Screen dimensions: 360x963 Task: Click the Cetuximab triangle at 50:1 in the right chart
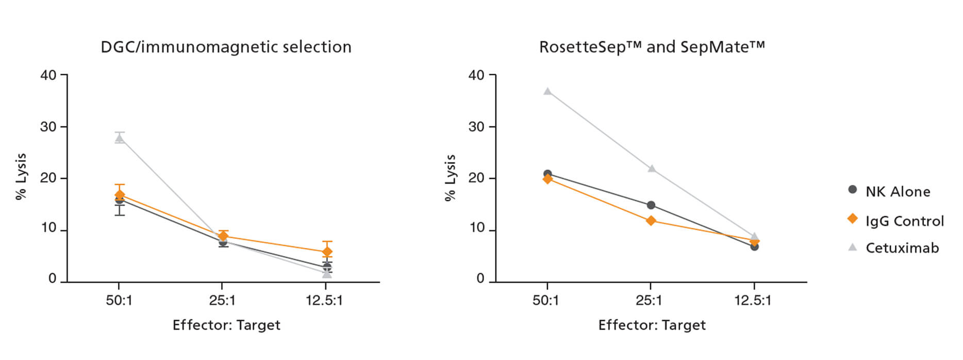pos(547,92)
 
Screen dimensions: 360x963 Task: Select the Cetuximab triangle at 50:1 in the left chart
pos(120,138)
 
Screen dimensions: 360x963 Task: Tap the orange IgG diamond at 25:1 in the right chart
pos(651,221)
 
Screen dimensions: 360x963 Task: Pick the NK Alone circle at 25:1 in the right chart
pos(651,205)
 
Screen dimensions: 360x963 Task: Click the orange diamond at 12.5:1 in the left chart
pos(327,252)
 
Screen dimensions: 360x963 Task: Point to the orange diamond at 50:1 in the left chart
pos(120,195)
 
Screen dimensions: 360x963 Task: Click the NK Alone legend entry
pos(897,191)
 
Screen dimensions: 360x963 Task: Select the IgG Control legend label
pos(904,221)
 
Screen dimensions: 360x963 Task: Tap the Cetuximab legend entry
pos(902,248)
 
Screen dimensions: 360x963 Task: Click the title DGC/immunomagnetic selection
pos(226,47)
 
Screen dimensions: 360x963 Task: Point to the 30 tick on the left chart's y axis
pos(48,127)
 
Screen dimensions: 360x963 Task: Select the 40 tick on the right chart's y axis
pos(476,75)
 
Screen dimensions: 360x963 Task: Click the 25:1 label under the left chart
pos(222,300)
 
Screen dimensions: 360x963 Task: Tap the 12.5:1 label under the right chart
pos(753,300)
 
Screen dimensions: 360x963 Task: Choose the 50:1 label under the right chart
pos(546,300)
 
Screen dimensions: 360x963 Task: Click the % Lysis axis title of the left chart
pos(21,176)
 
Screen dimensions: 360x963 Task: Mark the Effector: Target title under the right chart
pos(652,325)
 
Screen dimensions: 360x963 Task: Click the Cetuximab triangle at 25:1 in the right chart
pos(652,169)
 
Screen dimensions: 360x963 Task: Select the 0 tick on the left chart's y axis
pos(52,279)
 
